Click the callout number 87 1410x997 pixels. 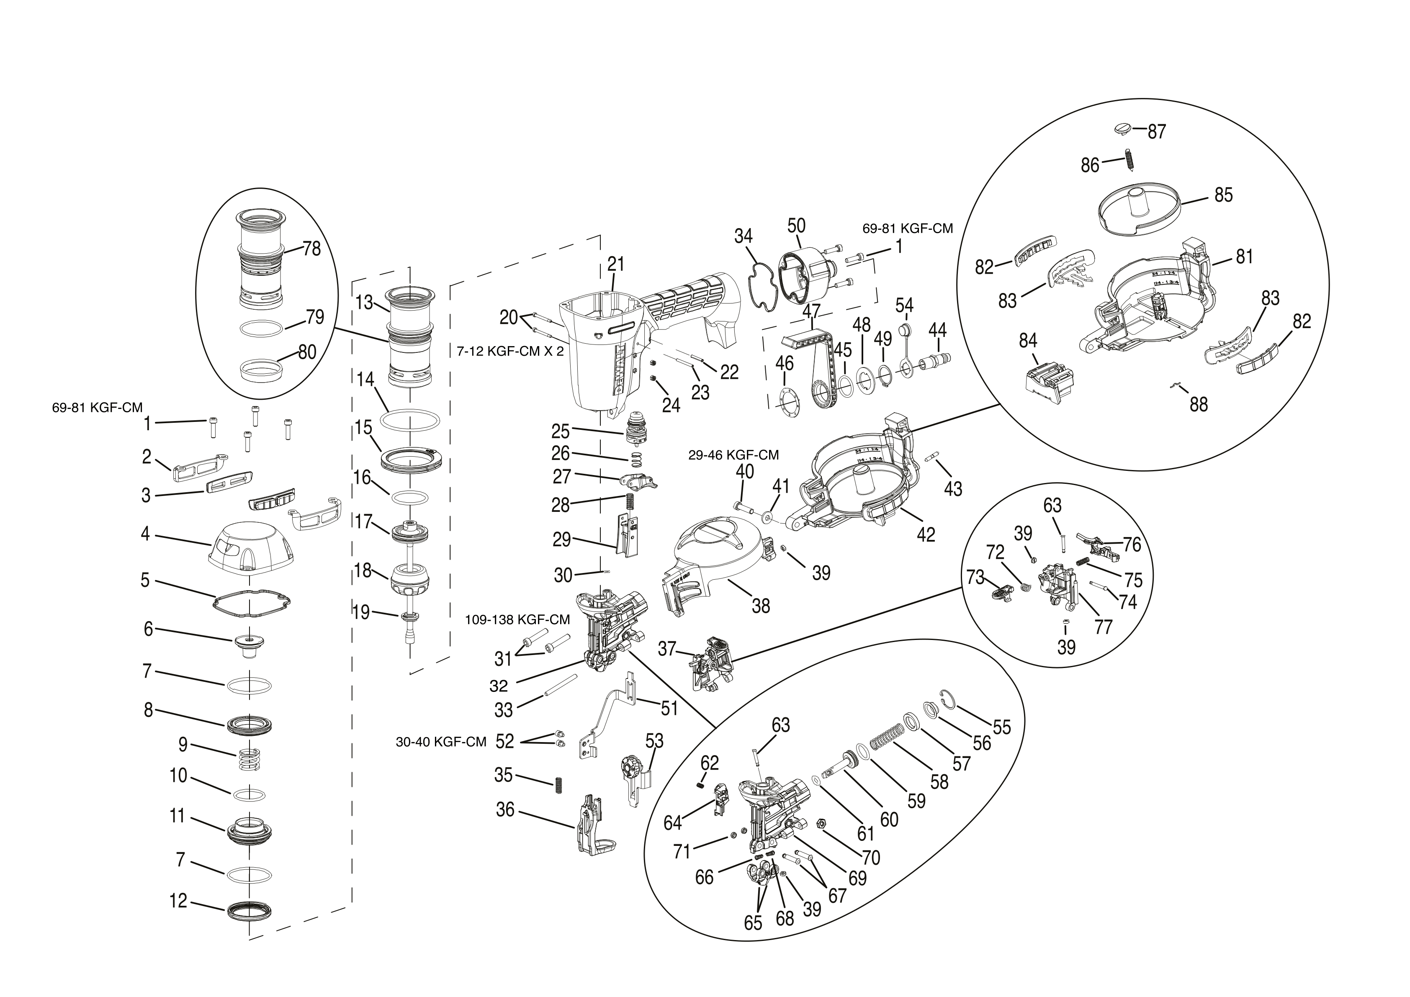(x=1157, y=131)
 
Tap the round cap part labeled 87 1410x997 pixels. (x=1122, y=129)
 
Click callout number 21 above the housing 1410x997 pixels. (x=616, y=264)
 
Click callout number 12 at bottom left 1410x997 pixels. (x=178, y=901)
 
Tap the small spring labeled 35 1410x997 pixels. (x=559, y=785)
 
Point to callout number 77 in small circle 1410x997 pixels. (x=1104, y=627)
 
